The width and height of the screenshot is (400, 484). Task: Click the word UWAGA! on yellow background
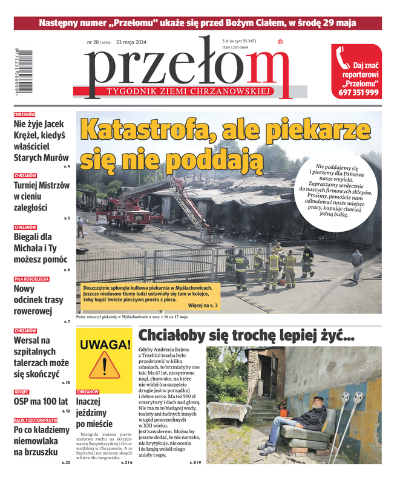coord(104,345)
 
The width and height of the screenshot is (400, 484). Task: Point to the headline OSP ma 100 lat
coord(41,401)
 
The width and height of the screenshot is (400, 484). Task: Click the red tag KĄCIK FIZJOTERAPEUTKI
coord(36,420)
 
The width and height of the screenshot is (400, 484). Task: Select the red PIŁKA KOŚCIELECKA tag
coord(32,279)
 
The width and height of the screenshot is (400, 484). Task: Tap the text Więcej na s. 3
coord(203,306)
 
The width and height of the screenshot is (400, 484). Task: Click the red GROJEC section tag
coord(22,391)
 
